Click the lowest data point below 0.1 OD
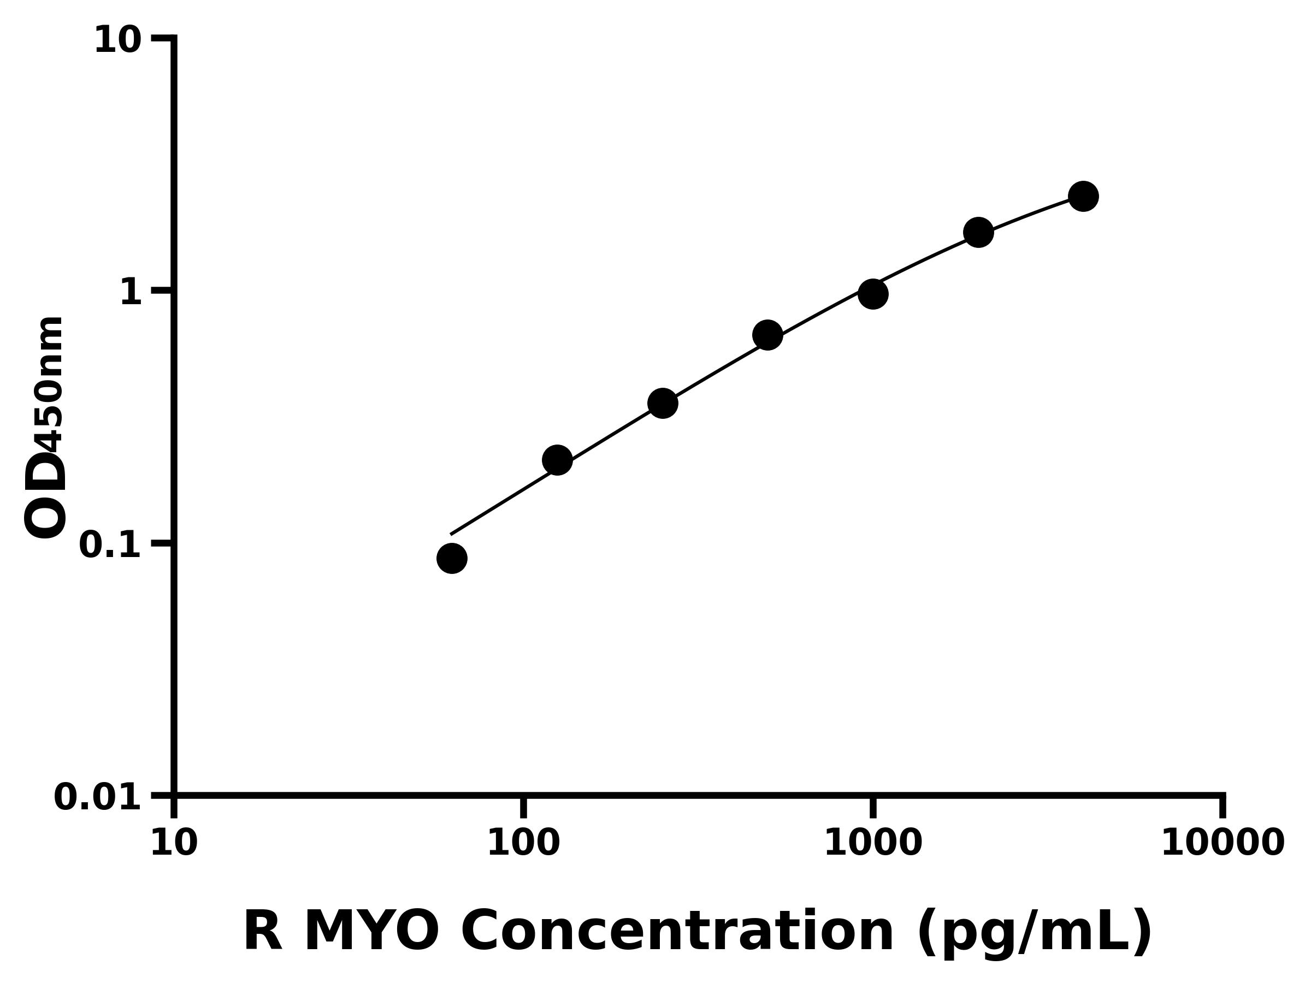[x=452, y=558]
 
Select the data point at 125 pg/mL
[x=557, y=460]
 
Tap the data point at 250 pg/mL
[x=663, y=404]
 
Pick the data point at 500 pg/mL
[x=767, y=335]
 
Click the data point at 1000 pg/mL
[x=873, y=294]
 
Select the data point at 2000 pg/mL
[x=978, y=232]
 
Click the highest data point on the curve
[x=1083, y=196]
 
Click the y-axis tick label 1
[x=131, y=293]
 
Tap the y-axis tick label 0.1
[x=110, y=545]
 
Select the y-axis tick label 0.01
[x=98, y=797]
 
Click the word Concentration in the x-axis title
[x=677, y=932]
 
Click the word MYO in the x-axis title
[x=371, y=932]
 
